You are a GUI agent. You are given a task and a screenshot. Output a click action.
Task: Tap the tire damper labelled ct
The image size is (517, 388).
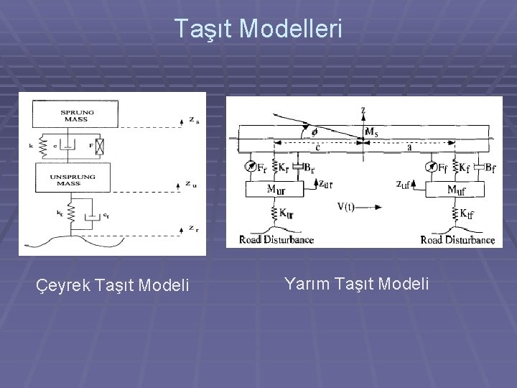coord(91,216)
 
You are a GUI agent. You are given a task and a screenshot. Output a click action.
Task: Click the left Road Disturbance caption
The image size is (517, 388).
coord(276,239)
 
